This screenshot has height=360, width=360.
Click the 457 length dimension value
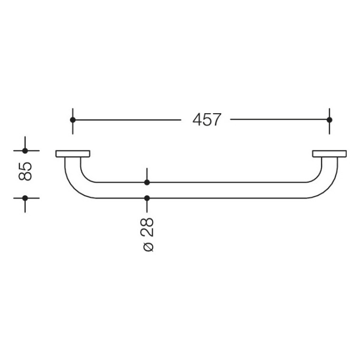click(x=206, y=120)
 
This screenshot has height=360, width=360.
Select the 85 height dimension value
click(x=25, y=171)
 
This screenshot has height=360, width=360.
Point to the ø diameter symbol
click(x=148, y=246)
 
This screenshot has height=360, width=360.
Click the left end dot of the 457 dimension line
click(x=73, y=120)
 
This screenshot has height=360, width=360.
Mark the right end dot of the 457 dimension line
click(x=329, y=120)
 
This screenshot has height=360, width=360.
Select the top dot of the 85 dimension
click(x=25, y=151)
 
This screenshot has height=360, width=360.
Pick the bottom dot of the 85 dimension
click(x=25, y=197)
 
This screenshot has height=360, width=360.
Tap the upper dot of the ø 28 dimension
click(x=147, y=182)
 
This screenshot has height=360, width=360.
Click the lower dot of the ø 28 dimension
click(x=147, y=197)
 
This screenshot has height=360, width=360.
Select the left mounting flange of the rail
click(x=73, y=153)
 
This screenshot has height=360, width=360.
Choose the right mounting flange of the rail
click(x=329, y=153)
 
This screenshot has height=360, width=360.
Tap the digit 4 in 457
click(x=197, y=120)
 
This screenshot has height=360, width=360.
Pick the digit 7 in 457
click(x=215, y=120)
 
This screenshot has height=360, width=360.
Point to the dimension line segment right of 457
click(x=278, y=120)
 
